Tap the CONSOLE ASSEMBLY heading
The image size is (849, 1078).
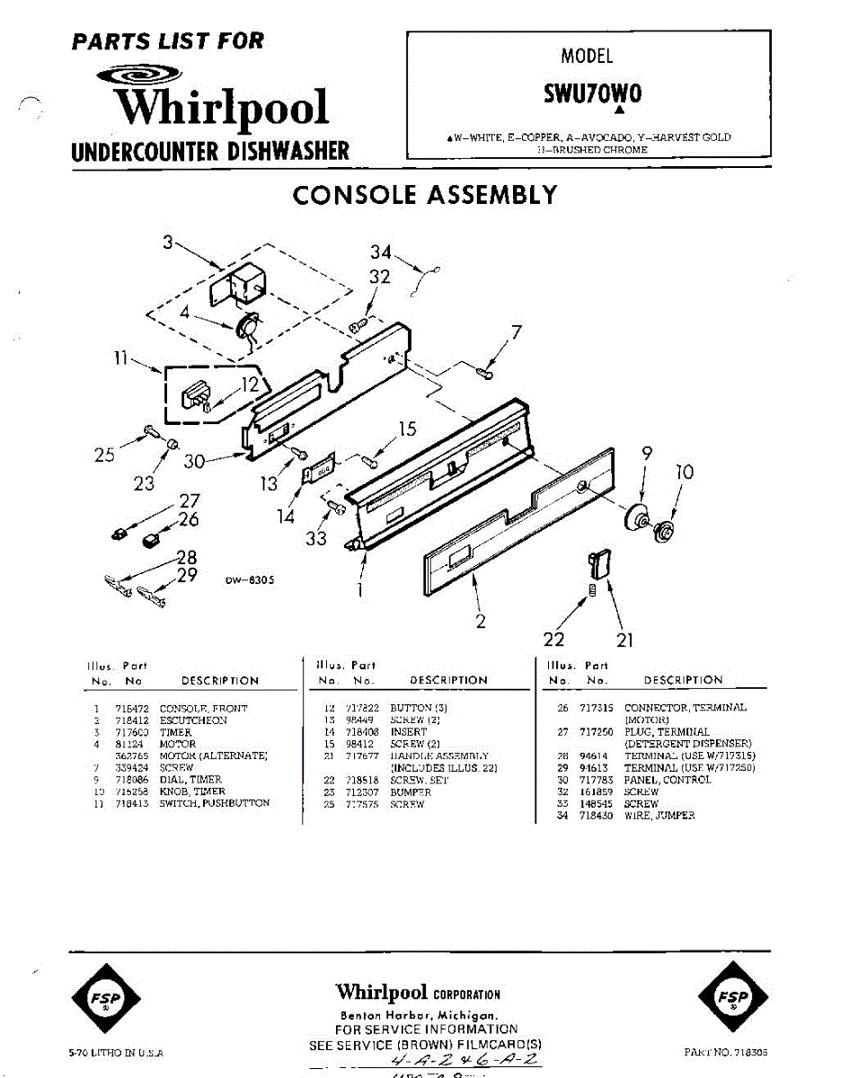point(425,195)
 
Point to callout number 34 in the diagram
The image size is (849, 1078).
point(381,253)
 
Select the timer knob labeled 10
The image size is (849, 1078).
point(666,531)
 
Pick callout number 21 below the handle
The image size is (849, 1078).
point(625,640)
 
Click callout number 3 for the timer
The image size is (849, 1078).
point(167,242)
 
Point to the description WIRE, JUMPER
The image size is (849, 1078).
point(659,817)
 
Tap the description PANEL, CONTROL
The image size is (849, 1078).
point(668,781)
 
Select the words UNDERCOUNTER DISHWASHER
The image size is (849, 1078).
point(211,150)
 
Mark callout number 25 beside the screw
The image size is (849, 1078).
point(104,455)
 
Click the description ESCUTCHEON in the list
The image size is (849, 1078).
point(193,720)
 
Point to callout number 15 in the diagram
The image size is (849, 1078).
point(408,429)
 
